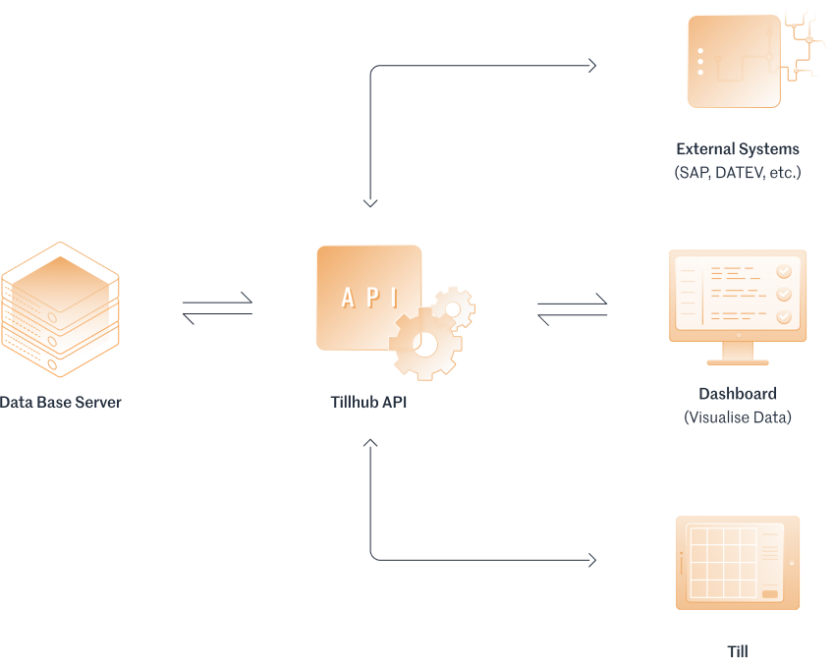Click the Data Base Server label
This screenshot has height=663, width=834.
(61, 403)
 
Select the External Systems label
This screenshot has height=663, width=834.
(737, 150)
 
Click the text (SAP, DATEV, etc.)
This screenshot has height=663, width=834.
(737, 173)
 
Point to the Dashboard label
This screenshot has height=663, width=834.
(737, 394)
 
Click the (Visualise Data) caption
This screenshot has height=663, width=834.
(737, 417)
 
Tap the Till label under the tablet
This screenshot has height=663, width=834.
(737, 650)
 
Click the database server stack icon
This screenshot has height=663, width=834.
(60, 308)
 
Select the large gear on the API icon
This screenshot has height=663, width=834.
(424, 343)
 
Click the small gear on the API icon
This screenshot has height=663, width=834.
(453, 307)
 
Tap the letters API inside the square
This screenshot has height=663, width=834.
(368, 298)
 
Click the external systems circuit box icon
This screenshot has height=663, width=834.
(734, 61)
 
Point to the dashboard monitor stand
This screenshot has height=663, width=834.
(738, 354)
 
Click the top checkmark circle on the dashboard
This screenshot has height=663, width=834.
(784, 271)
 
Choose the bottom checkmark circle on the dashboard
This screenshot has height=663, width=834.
(784, 316)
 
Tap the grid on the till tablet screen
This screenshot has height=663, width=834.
(722, 563)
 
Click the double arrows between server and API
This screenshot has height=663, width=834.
(217, 308)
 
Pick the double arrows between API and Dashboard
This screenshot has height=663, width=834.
(572, 308)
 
